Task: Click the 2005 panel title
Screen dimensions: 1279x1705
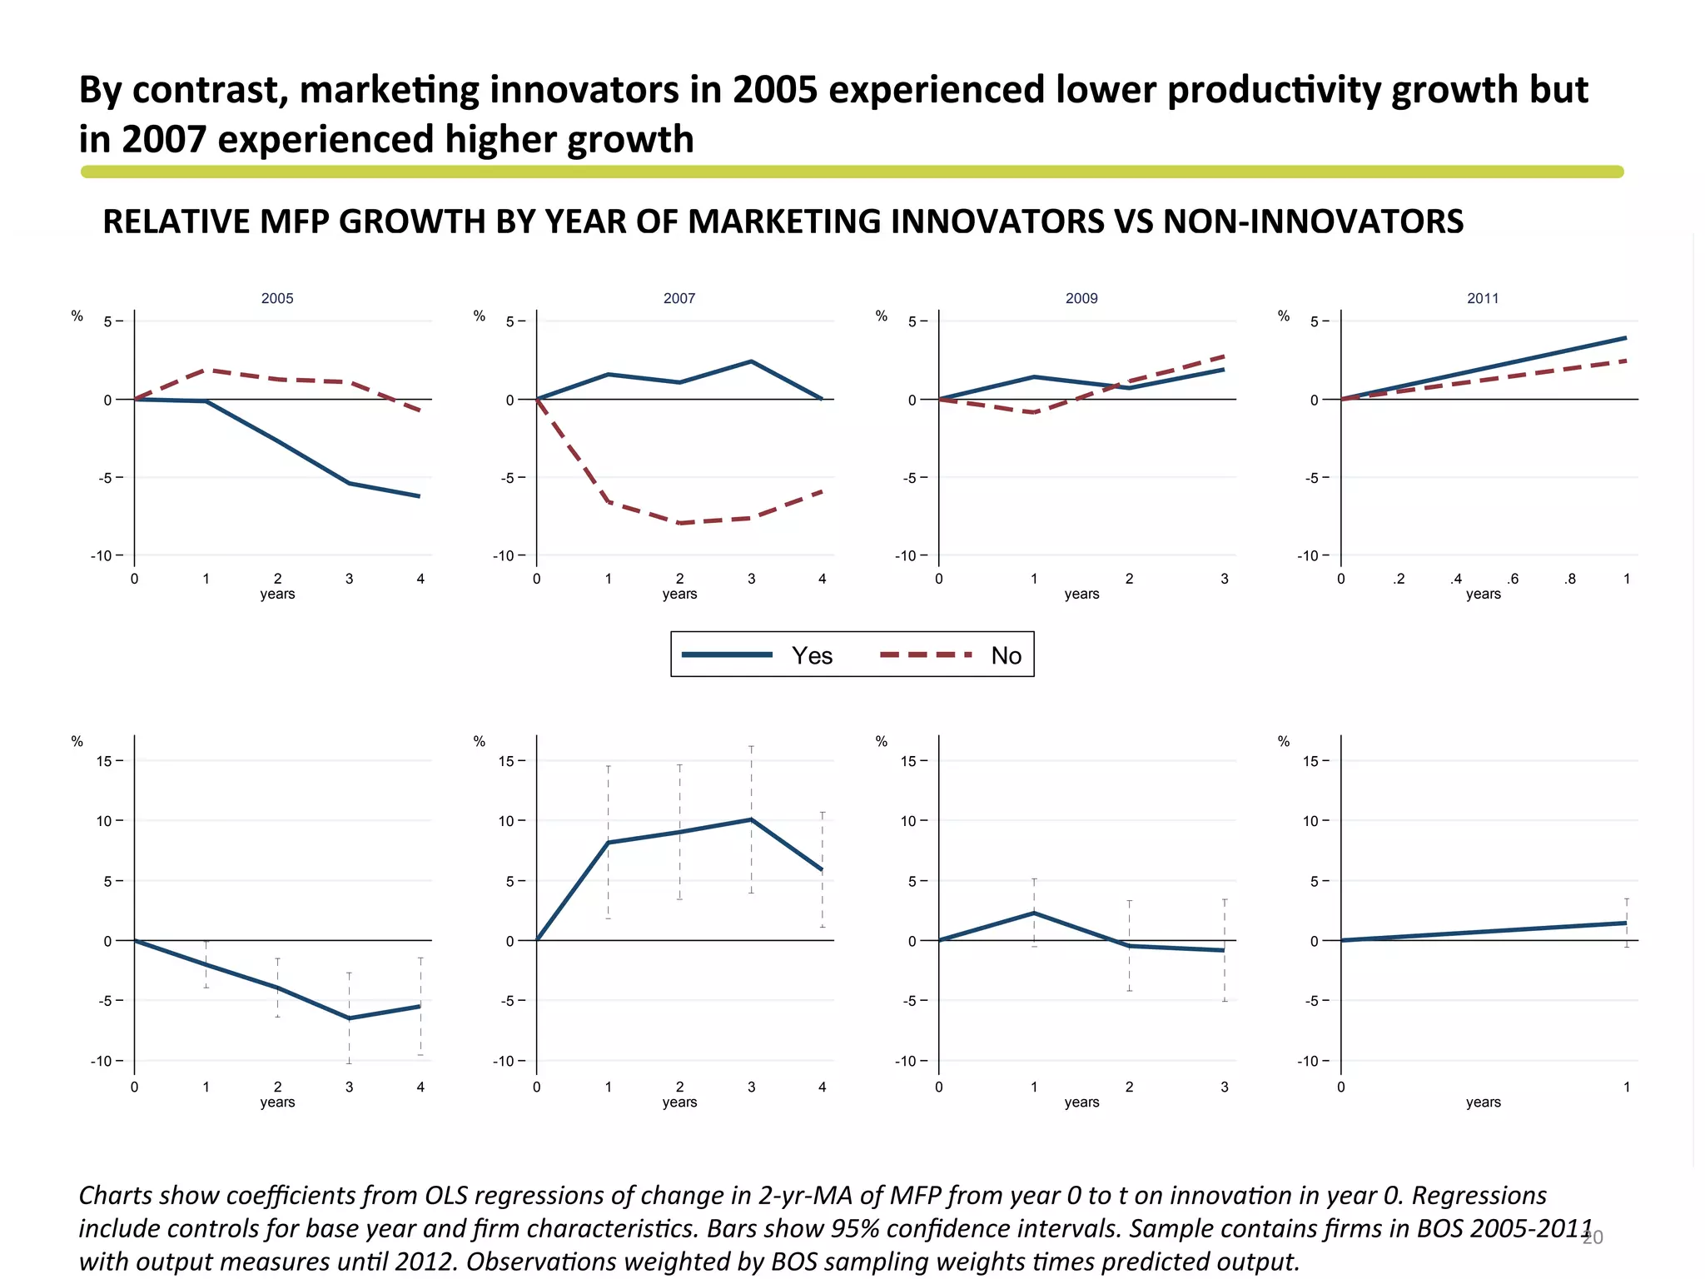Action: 277,298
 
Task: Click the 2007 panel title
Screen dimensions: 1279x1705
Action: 679,298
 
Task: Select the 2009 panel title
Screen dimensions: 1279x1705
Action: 1081,298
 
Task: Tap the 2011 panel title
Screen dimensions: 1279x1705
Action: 1483,298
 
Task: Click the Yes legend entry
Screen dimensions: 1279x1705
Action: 812,655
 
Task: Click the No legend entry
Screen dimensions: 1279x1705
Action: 1006,655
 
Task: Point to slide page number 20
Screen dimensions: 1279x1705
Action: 1593,1237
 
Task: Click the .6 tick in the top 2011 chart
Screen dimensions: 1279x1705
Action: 1513,579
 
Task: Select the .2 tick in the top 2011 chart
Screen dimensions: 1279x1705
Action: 1399,579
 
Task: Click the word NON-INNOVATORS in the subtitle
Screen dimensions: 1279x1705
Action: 1313,221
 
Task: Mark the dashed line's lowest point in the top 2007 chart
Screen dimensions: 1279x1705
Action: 680,523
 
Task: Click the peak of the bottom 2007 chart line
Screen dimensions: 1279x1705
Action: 751,819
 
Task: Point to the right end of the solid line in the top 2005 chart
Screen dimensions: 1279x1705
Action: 420,496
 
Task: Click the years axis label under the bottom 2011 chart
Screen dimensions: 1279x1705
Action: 1483,1102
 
